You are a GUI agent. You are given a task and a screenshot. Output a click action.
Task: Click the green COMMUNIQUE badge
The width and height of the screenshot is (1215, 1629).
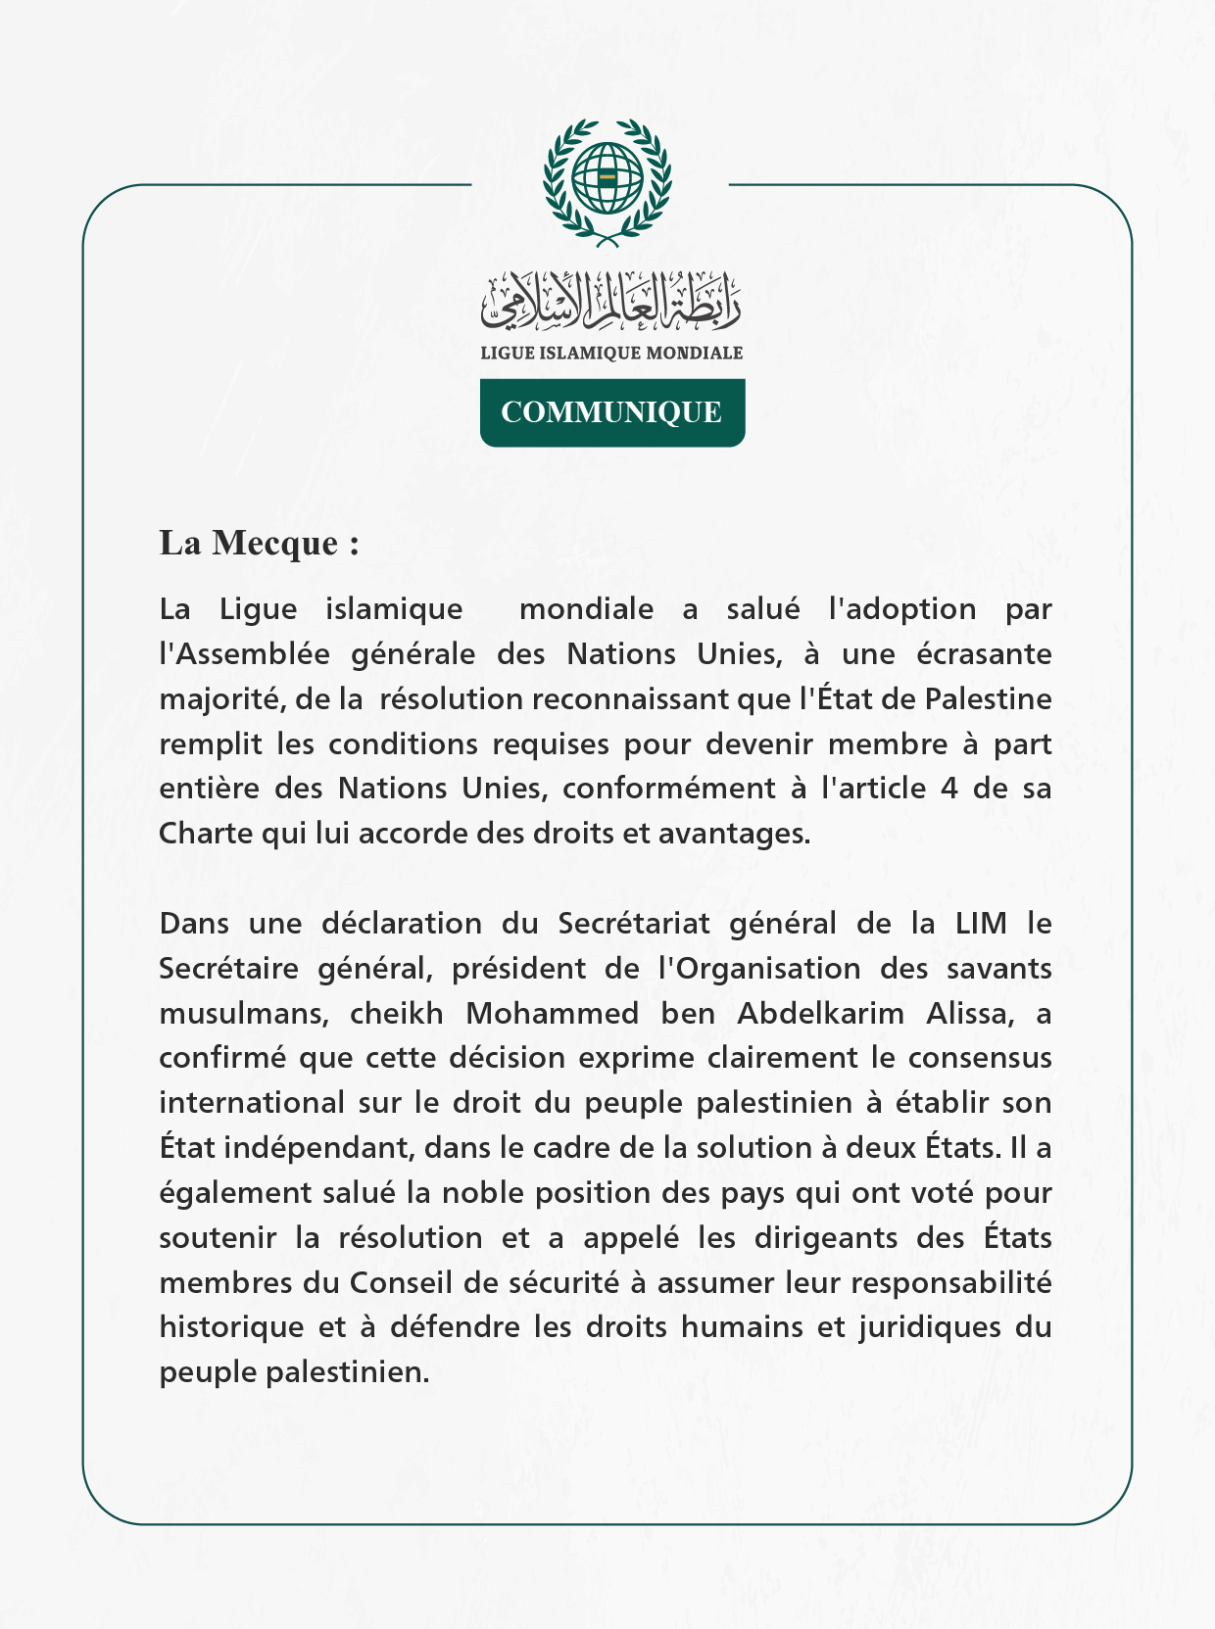[611, 412]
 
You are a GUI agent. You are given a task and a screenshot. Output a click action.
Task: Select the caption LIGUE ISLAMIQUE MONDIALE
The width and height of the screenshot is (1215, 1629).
[610, 353]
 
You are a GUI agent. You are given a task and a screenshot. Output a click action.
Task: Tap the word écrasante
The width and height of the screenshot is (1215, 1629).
[984, 653]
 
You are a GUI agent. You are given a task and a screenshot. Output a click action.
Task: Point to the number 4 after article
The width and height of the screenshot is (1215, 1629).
[948, 789]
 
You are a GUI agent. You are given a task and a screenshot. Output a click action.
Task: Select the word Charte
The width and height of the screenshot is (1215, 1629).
[206, 834]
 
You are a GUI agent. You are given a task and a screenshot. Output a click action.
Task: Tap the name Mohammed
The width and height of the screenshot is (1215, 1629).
[552, 1014]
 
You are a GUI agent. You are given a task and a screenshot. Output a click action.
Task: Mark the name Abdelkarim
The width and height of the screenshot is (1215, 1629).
[820, 1014]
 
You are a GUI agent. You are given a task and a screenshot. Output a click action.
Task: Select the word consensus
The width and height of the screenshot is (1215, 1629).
[980, 1059]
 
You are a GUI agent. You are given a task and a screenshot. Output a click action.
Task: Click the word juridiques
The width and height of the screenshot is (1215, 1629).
[939, 1328]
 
